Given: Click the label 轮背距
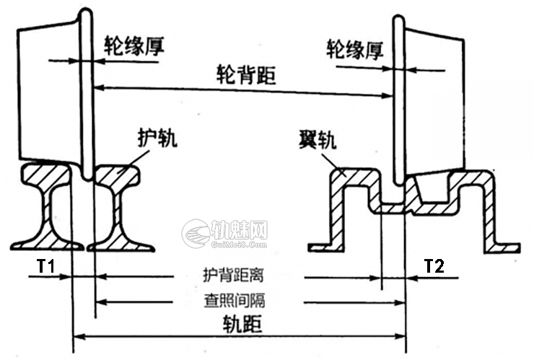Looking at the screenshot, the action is [x=246, y=75].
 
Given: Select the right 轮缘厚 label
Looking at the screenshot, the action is [x=355, y=50].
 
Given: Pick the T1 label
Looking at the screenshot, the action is [x=45, y=265].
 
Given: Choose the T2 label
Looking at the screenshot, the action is [x=434, y=265].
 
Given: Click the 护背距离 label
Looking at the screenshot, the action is [x=233, y=275].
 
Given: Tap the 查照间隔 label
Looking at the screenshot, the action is [x=235, y=300].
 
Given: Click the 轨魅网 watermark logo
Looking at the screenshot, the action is [x=224, y=233].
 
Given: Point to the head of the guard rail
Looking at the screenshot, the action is [x=118, y=175].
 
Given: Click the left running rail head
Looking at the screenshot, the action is [x=48, y=175].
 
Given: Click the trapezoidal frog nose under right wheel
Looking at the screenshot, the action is [x=432, y=189].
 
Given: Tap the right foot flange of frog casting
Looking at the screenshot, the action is [x=503, y=248].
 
